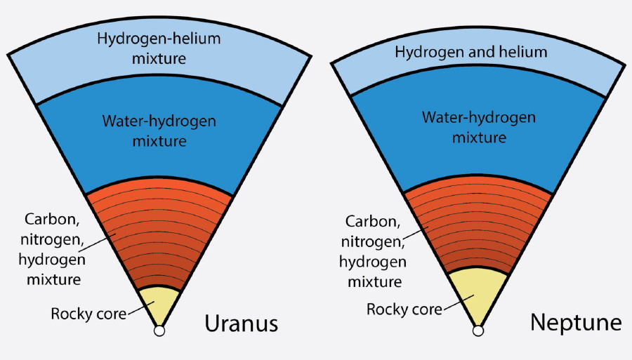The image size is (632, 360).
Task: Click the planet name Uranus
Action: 241,324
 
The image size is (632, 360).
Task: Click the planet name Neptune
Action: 576,323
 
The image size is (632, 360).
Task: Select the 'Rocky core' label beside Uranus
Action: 88,313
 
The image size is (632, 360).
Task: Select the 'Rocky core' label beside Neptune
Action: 405,309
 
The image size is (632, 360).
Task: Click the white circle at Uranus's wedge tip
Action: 159,330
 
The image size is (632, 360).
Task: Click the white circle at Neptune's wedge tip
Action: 478,330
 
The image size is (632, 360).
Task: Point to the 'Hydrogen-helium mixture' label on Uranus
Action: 159,48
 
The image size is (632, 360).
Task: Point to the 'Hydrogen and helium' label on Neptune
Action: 470,52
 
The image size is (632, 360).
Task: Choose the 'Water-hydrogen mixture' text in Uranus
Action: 159,131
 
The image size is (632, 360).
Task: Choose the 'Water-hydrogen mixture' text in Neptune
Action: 478,126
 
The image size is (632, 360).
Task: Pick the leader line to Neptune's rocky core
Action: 456,303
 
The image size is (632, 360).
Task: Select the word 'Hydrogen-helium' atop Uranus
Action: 159,39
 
